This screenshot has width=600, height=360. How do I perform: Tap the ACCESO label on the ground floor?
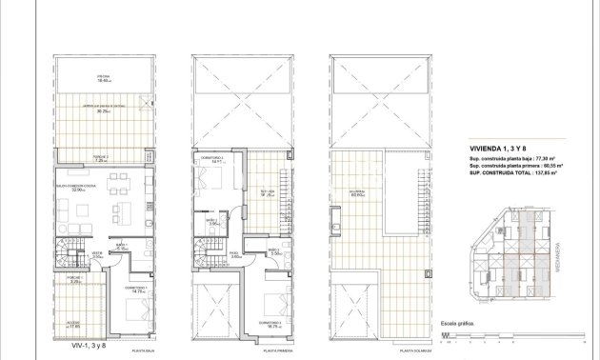pyautogui.click(x=73, y=323)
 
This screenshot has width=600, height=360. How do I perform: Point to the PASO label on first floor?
pyautogui.click(x=234, y=254)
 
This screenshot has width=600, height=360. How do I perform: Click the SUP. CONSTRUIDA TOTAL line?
pyautogui.click(x=510, y=174)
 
